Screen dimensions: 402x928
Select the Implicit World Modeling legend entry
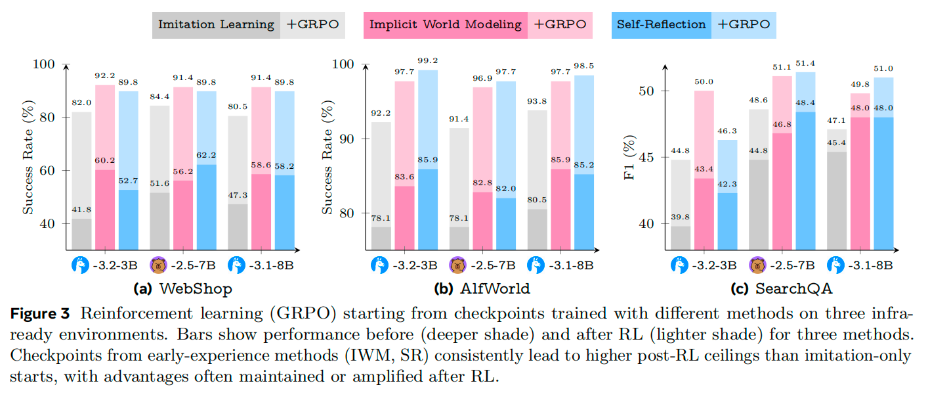pos(446,25)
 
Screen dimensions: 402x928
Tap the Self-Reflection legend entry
pos(662,25)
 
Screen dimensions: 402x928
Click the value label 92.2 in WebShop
pos(105,76)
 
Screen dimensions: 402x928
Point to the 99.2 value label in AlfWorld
pos(429,61)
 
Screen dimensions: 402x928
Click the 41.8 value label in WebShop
pos(81,210)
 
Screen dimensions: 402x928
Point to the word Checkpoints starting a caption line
pos(47,357)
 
